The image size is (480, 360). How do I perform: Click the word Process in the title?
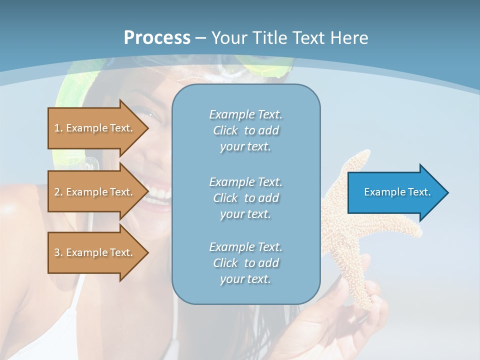coord(157,38)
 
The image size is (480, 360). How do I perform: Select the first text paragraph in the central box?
coord(245,130)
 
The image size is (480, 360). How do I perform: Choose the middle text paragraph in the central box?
coord(245,198)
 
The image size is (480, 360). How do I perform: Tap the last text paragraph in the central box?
coord(245,263)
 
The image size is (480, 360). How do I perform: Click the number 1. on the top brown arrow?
coord(58,128)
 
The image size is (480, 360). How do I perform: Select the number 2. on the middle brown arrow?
coord(58,192)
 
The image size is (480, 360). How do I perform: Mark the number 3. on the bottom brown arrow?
coord(58,252)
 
